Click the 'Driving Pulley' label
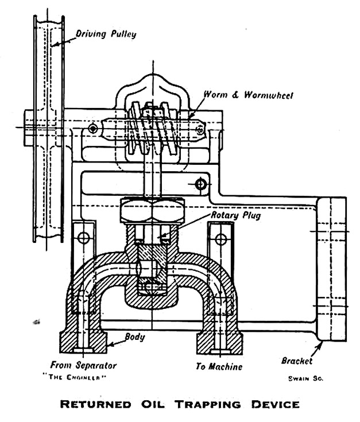point(107,34)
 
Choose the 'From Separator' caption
point(83,366)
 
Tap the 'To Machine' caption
point(218,366)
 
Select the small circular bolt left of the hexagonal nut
point(84,238)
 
